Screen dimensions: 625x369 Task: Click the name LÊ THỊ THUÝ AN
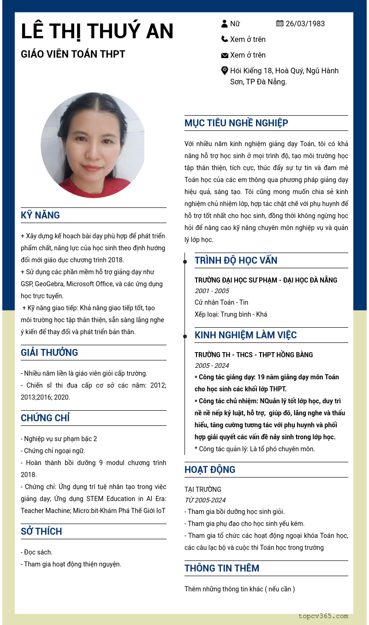point(97,31)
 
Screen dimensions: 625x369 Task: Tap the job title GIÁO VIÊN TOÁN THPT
point(73,54)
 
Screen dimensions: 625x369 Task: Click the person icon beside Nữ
point(225,24)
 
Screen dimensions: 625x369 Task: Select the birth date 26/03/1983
point(305,24)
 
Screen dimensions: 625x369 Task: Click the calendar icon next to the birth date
point(280,24)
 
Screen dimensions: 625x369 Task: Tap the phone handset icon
point(225,39)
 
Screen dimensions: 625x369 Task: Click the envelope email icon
point(225,55)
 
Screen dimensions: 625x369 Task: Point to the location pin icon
point(225,71)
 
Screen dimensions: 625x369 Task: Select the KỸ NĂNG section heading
point(41,215)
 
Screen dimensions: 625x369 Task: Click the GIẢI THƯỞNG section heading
point(49,353)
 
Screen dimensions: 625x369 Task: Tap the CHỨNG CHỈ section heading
point(45,418)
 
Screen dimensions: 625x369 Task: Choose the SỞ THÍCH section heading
point(42,531)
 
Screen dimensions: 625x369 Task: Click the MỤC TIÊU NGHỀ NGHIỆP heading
point(236,123)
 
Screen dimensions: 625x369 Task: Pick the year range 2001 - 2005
point(212,291)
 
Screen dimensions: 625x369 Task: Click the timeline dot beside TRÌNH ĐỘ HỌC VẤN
point(185,262)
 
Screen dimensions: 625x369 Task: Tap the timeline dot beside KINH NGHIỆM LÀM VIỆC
point(185,336)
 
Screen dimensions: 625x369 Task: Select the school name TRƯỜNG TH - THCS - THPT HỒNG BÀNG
point(254,355)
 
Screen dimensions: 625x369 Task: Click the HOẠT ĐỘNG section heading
point(210,470)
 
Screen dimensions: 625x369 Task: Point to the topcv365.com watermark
point(323,616)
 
